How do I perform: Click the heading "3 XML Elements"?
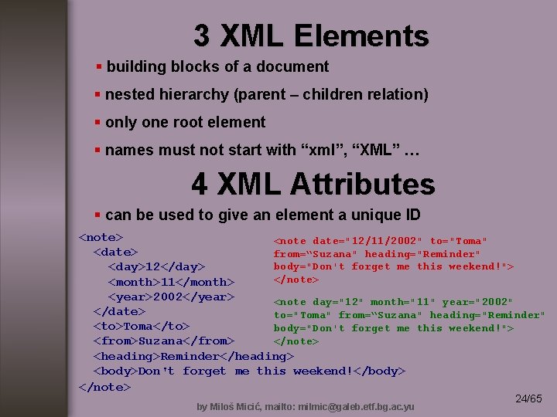pos(310,36)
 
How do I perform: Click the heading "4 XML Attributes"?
pos(313,184)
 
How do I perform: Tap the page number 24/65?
pos(528,398)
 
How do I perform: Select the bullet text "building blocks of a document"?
pos(217,67)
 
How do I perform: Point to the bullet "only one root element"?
pos(185,122)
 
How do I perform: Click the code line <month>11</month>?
pos(170,282)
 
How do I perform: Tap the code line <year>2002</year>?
pos(170,297)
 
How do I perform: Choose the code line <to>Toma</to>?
pos(142,326)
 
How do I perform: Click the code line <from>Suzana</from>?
pos(164,341)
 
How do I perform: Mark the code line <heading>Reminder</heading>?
pos(193,356)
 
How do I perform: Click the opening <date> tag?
pos(115,252)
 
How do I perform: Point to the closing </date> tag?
pos(119,311)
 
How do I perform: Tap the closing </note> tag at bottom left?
pos(104,386)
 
